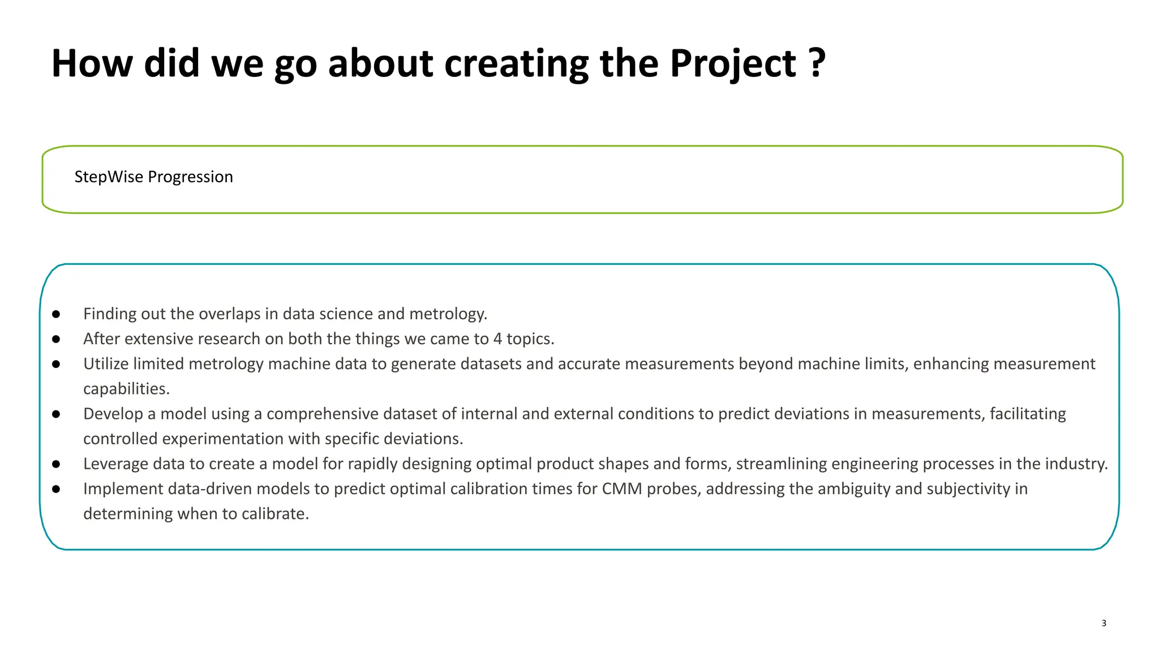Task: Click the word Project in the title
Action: tap(733, 63)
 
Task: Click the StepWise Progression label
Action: tap(153, 177)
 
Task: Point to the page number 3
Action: tap(1104, 623)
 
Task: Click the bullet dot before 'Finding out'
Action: tap(56, 314)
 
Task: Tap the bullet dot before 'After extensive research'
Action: tap(56, 339)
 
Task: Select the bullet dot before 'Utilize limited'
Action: tap(56, 364)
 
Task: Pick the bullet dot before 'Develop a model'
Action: tap(56, 414)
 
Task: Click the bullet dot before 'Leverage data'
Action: tap(56, 464)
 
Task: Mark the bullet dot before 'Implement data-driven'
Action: tap(56, 489)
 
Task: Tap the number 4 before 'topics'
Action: tap(497, 339)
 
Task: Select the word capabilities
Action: tap(126, 389)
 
